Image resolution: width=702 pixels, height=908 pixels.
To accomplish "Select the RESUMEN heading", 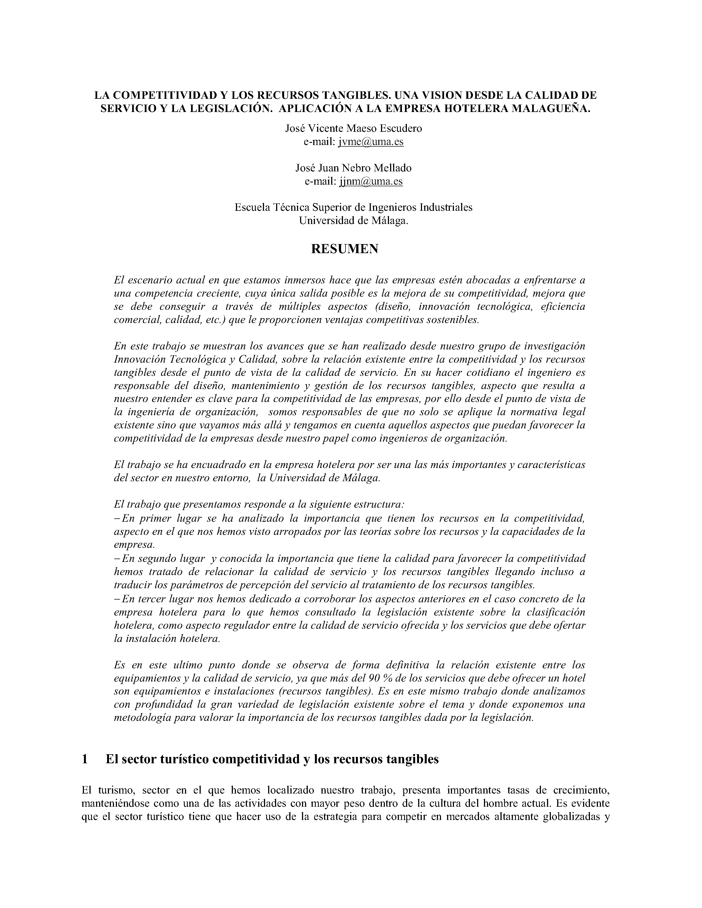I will pyautogui.click(x=345, y=249).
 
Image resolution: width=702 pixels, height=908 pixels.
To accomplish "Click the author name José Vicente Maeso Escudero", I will pyautogui.click(x=353, y=128).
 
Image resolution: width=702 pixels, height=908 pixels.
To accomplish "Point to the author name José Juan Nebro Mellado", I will pyautogui.click(x=353, y=168).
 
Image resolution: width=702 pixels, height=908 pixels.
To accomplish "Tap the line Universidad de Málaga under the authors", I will pyautogui.click(x=353, y=221).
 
